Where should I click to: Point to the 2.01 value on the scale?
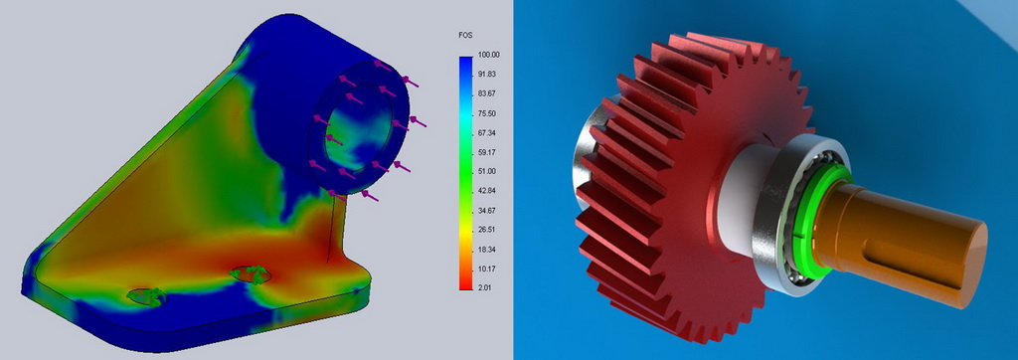tap(485, 287)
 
